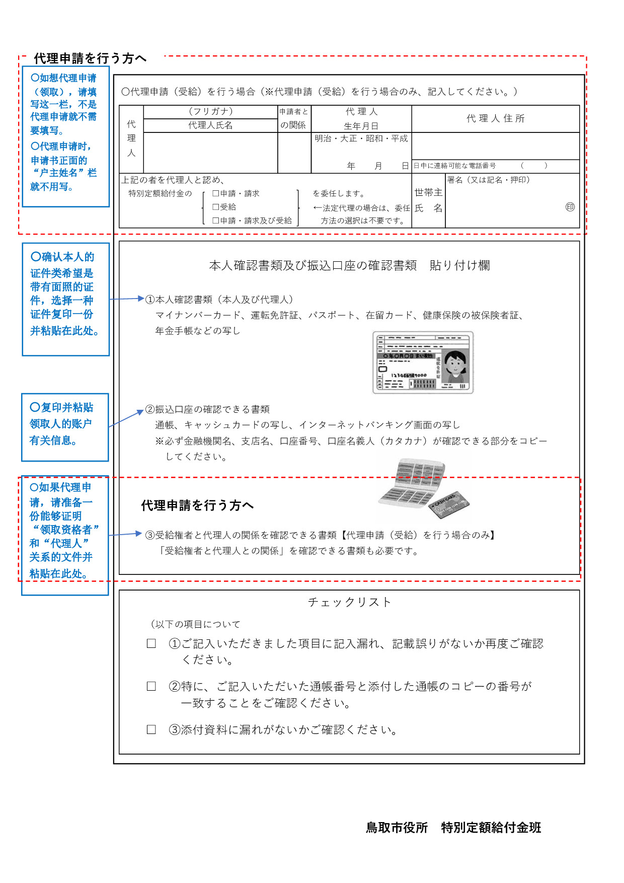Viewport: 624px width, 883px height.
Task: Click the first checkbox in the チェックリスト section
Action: tap(151, 643)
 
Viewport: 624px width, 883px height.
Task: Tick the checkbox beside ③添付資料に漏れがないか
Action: tap(151, 729)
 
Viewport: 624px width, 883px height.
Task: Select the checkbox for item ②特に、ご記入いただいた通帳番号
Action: tap(151, 686)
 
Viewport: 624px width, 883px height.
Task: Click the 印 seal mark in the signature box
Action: tap(570, 207)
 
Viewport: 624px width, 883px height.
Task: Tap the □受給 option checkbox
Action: tap(215, 207)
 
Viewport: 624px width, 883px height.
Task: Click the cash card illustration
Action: tap(449, 505)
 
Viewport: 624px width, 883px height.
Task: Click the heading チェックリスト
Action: tap(349, 602)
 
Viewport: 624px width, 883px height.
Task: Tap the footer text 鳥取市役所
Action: tap(397, 828)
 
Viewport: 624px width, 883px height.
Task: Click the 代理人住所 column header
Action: tap(496, 118)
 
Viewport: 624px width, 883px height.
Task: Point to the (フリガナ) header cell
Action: tap(210, 111)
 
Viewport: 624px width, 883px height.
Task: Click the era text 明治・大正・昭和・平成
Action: tap(361, 138)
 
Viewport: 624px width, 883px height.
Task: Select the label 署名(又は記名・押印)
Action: tap(488, 180)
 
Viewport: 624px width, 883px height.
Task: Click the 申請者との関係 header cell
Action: tap(294, 118)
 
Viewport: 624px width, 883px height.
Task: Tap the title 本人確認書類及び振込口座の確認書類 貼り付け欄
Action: tap(349, 265)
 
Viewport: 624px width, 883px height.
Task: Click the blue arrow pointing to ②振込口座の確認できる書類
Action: tap(126, 418)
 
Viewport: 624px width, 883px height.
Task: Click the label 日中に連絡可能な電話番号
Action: tap(454, 166)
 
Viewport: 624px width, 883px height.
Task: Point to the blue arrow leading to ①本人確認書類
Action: tap(127, 299)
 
